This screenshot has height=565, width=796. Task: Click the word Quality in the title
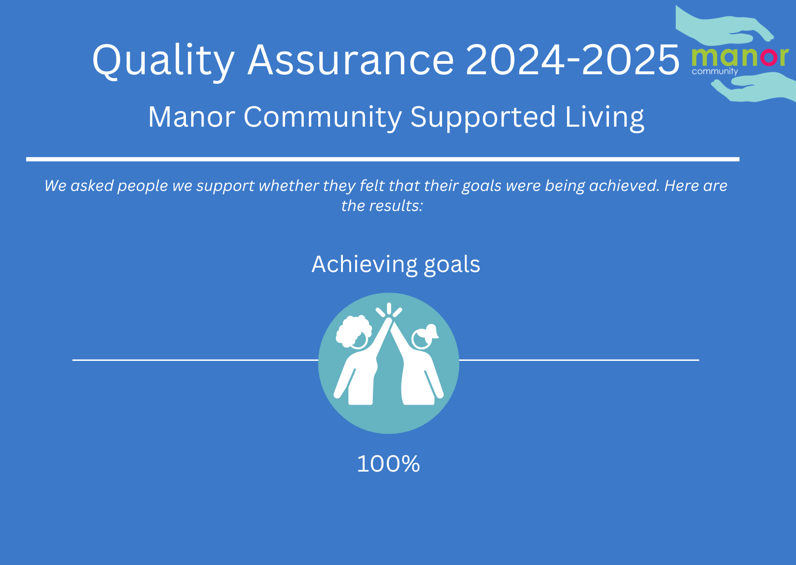(163, 60)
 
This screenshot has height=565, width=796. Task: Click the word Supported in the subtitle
(483, 118)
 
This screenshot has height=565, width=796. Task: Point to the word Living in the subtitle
(605, 118)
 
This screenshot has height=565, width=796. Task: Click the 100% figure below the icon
(388, 464)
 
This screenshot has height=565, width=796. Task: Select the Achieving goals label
(396, 265)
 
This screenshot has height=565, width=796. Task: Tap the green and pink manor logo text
(740, 57)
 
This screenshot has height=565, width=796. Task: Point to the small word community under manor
(714, 72)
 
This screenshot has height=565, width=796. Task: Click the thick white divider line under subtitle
(383, 159)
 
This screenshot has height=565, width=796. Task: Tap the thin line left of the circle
(195, 360)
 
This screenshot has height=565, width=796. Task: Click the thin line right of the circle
(579, 360)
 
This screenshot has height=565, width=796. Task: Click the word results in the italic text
(395, 206)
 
